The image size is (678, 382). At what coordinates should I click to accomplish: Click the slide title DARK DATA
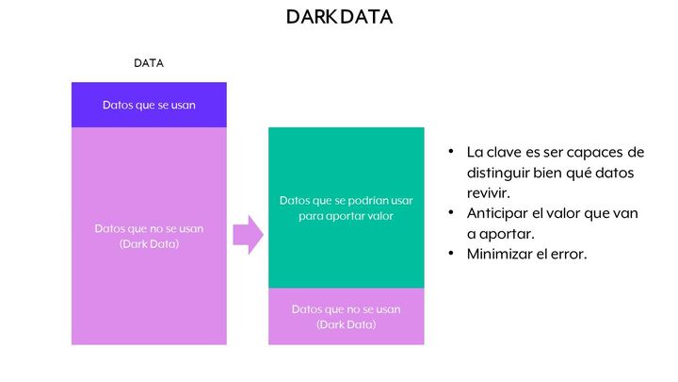[x=339, y=17]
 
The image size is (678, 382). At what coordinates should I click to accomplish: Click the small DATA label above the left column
[x=149, y=63]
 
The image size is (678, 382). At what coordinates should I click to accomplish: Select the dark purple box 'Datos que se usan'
[x=149, y=105]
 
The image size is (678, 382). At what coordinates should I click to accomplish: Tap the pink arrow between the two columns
[x=249, y=235]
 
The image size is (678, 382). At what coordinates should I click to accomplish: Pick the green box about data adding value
[x=347, y=208]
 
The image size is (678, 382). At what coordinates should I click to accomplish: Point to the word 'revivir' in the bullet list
[x=488, y=192]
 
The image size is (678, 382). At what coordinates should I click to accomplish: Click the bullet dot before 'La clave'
[x=451, y=152]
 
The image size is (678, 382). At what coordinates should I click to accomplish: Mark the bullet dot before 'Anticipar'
[x=451, y=212]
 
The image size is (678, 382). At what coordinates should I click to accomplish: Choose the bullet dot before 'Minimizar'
[x=451, y=253]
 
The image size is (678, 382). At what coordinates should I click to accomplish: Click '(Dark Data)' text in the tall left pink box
[x=149, y=244]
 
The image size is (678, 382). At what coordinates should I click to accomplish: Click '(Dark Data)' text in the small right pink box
[x=347, y=324]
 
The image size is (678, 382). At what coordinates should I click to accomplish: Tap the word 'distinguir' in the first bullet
[x=498, y=173]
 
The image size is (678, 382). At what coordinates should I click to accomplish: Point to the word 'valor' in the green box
[x=381, y=216]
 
